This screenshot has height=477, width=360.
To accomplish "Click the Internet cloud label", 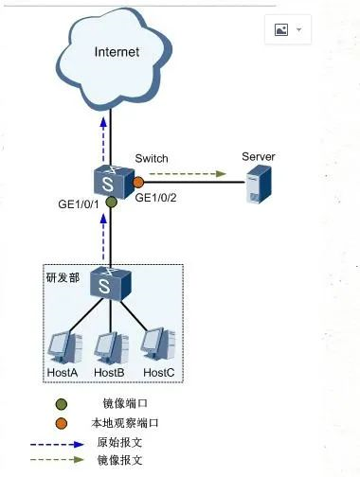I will [x=117, y=52].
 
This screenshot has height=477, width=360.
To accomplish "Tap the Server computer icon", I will [x=258, y=185].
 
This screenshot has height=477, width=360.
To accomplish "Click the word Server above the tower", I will [x=258, y=156].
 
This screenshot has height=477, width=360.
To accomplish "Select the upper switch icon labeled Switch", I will [x=111, y=178].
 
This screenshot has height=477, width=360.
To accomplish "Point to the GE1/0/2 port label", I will [x=157, y=198].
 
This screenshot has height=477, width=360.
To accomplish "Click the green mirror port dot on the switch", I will [x=111, y=202].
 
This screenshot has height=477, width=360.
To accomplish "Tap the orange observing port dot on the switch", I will [x=137, y=181].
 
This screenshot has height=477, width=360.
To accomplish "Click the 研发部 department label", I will [x=63, y=278].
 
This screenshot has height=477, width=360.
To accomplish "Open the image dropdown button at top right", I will [x=288, y=30].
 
